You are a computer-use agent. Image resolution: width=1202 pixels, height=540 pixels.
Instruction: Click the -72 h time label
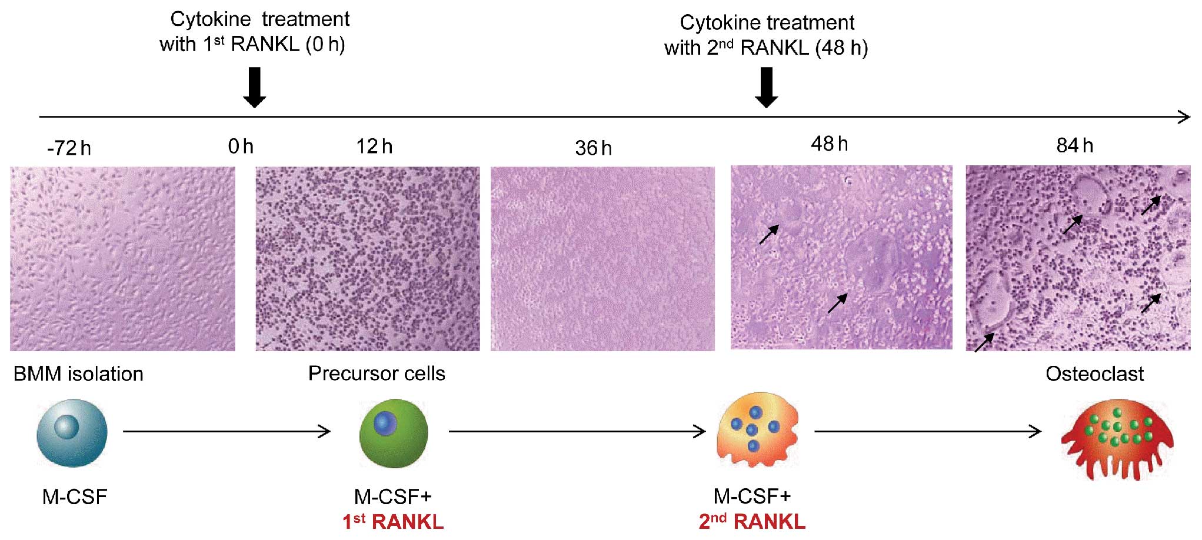coord(69,148)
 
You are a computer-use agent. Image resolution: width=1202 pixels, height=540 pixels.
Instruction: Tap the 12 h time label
coord(374,146)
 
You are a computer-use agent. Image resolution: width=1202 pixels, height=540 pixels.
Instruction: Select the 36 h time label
coord(593,148)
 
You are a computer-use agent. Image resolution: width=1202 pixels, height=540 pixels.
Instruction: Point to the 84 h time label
coord(1074,145)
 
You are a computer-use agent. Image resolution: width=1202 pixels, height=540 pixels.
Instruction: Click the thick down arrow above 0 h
coord(254,87)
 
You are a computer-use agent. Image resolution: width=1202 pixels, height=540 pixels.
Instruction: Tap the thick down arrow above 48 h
coord(766,87)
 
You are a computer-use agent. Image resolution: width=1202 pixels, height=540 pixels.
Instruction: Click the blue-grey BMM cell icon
coord(72,432)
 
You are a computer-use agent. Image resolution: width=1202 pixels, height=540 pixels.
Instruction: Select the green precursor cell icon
coord(394,433)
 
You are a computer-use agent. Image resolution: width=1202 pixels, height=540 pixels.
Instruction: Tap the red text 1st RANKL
coord(393,521)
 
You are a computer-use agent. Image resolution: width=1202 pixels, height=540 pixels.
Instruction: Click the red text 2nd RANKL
coord(752,521)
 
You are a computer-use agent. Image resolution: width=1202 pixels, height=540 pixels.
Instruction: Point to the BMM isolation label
coord(78,374)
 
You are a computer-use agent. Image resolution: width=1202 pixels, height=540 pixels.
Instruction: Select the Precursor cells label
coord(377,373)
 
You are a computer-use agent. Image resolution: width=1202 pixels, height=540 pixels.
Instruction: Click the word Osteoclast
coord(1094,374)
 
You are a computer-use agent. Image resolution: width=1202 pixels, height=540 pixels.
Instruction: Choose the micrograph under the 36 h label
coord(602,259)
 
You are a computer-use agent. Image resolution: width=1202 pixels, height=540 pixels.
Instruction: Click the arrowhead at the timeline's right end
coord(1184,116)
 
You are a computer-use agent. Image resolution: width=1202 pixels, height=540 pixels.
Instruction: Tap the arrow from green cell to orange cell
coord(577,431)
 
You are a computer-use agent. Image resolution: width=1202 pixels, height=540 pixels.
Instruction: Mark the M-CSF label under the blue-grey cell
coord(75,496)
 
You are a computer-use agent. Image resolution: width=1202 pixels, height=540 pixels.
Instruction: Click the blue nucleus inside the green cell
coord(385,422)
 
